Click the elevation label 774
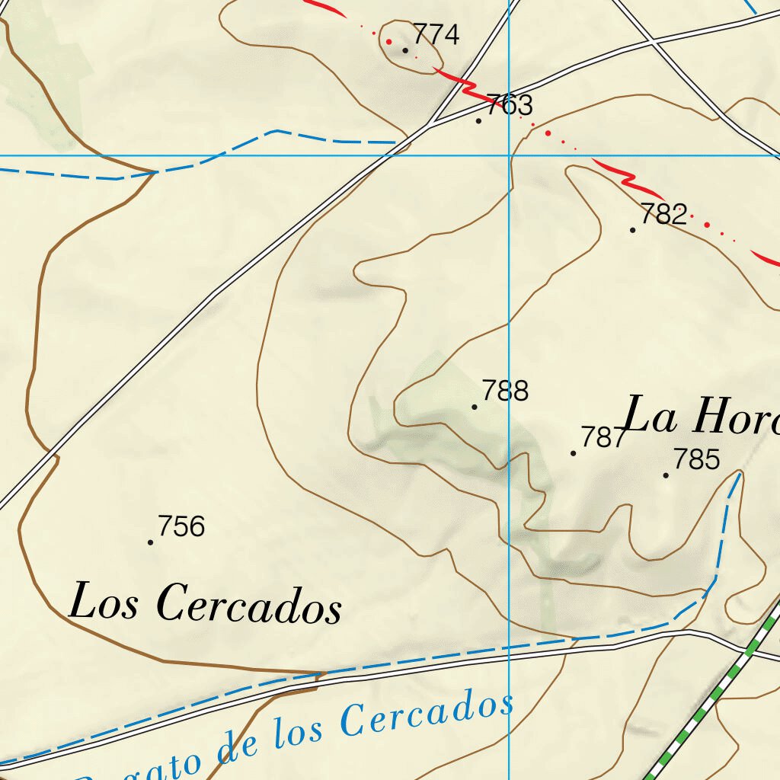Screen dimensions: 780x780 pos(436,34)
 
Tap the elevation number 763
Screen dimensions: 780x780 pos(510,104)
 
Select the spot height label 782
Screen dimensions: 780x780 pos(664,214)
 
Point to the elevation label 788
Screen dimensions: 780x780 pos(505,391)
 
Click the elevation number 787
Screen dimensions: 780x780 pos(603,437)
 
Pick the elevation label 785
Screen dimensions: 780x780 pos(696,459)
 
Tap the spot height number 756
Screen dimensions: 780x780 pos(181,526)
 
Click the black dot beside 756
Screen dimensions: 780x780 pos(151,542)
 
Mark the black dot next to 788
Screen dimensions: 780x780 pos(475,407)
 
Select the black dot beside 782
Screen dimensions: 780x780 pos(633,230)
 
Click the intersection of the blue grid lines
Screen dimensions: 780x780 pos(509,155)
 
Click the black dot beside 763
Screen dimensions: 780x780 pos(478,120)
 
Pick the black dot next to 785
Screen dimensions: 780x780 pos(666,475)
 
